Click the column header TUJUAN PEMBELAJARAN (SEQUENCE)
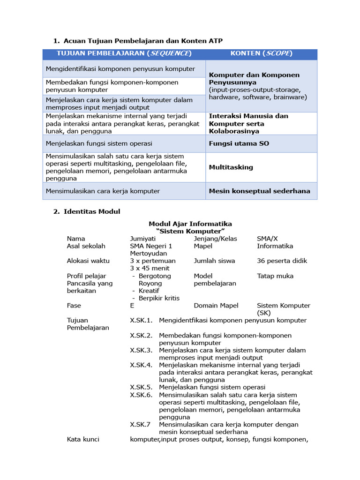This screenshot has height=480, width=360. point(124,53)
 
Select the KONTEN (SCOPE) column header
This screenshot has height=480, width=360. point(261,53)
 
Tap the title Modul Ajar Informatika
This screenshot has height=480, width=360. point(190,224)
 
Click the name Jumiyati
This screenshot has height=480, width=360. point(143,239)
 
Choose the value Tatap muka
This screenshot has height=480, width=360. point(275,276)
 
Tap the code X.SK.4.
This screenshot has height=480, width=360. point(141,365)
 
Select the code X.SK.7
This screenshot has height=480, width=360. point(140,424)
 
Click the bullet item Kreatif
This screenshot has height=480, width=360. point(150,291)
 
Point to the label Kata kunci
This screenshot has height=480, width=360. point(83,439)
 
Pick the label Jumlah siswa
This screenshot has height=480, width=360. point(214,261)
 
